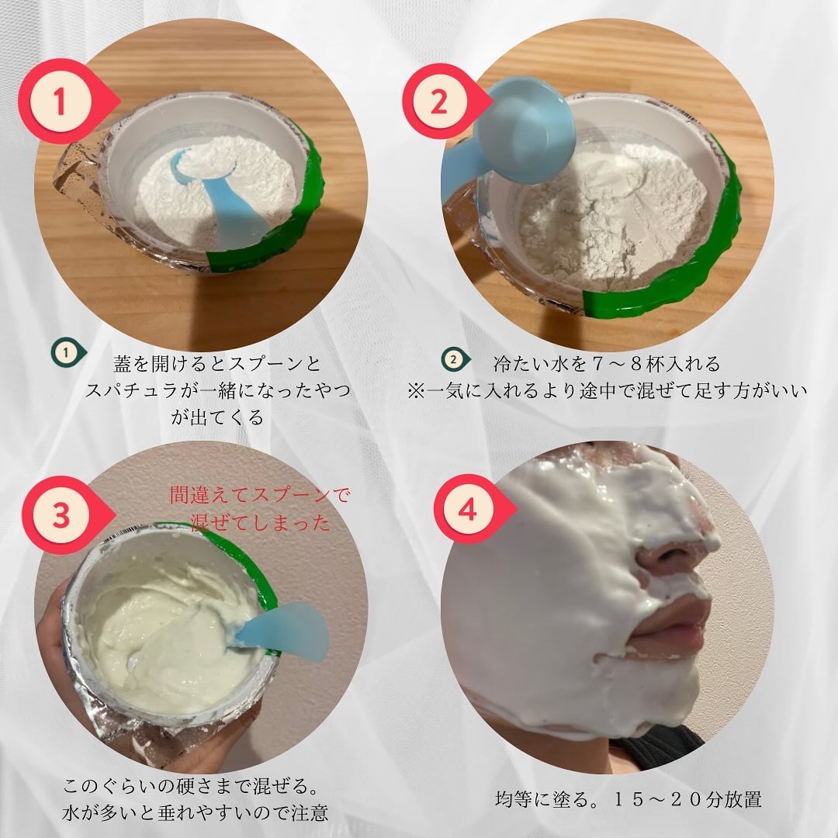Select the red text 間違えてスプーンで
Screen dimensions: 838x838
260,495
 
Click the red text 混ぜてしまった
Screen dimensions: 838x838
260,522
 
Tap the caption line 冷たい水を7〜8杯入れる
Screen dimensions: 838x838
607,364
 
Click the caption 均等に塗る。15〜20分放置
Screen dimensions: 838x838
628,799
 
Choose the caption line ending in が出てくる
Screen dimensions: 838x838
217,417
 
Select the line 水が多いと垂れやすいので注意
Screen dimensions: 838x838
195,813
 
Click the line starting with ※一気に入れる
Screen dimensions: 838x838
607,390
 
